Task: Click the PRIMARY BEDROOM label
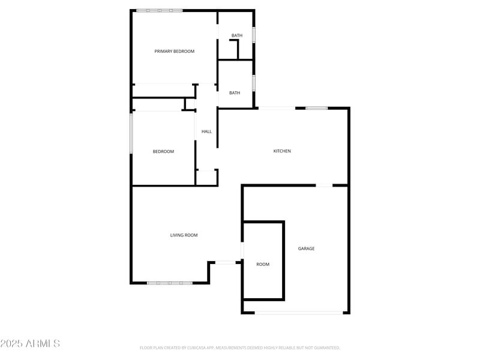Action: pyautogui.click(x=175, y=52)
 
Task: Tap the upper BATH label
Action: pyautogui.click(x=237, y=35)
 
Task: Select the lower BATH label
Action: pyautogui.click(x=235, y=93)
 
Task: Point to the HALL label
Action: pyautogui.click(x=206, y=131)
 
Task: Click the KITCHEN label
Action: pyautogui.click(x=282, y=151)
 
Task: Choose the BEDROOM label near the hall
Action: pyautogui.click(x=163, y=152)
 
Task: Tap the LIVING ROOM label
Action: pyautogui.click(x=184, y=235)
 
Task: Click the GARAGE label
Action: pyautogui.click(x=307, y=248)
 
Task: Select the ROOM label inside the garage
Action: pyautogui.click(x=263, y=265)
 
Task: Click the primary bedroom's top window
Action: pyautogui.click(x=159, y=10)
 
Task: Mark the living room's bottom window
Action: pyautogui.click(x=170, y=283)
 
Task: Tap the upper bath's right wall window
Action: pyautogui.click(x=254, y=35)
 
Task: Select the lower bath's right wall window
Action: pyautogui.click(x=254, y=82)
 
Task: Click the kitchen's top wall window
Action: pyautogui.click(x=316, y=108)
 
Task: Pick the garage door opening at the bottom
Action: pyautogui.click(x=299, y=313)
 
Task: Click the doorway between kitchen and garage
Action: pyautogui.click(x=324, y=185)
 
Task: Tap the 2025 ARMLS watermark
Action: pyautogui.click(x=30, y=344)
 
